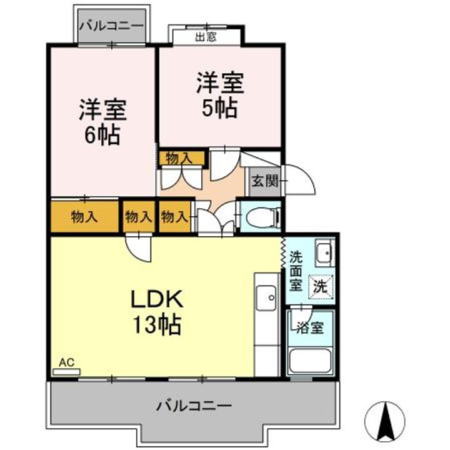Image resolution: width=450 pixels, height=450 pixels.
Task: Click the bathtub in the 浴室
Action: coord(311,361)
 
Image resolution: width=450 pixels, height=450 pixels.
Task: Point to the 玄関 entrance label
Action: coord(262,181)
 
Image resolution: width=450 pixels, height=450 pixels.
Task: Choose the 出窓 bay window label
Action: coord(206,37)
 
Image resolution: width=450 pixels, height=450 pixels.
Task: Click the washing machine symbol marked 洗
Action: coord(320,287)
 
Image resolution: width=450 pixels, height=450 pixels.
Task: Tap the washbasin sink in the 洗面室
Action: coord(324,253)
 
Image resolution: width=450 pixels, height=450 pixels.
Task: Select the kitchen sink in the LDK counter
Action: coord(266,295)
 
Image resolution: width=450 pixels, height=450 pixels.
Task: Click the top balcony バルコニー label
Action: coord(111,27)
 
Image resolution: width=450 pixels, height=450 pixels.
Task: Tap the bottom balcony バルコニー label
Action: coord(194,405)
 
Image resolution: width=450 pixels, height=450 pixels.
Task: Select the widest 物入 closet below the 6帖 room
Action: coord(84,217)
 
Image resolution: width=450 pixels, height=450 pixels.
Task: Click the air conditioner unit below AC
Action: coord(66,371)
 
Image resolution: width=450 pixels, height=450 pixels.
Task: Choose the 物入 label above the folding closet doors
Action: coord(180,158)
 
